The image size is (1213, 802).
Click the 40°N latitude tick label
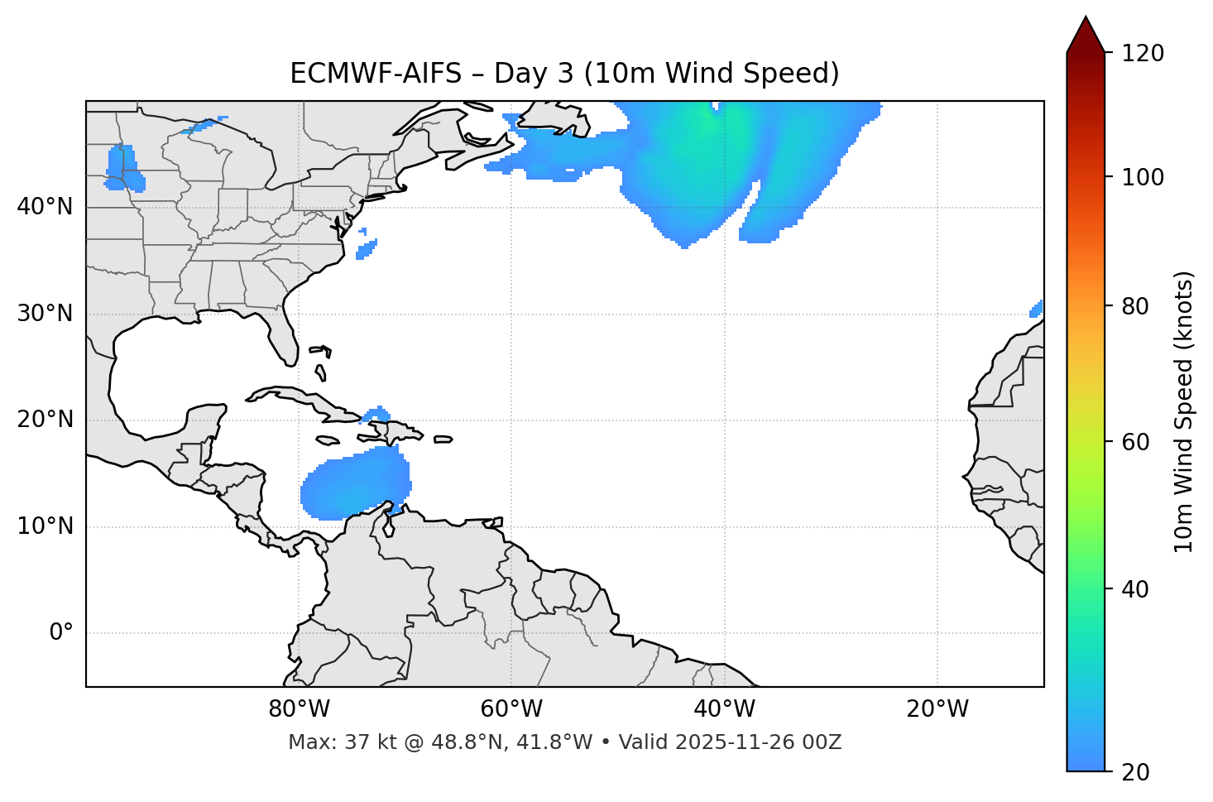45,207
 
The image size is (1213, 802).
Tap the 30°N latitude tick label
45,314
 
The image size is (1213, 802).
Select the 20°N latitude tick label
45,420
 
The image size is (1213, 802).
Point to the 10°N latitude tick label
45,526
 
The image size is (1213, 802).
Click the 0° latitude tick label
60,633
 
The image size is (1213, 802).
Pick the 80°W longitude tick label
299,709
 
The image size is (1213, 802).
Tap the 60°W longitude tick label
511,709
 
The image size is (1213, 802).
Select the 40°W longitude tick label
725,709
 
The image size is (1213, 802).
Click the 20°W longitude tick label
937,709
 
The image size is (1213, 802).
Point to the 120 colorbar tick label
1142,54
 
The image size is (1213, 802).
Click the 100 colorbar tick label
1142,178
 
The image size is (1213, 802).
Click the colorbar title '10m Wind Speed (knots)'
1184,411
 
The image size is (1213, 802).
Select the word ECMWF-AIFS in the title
376,74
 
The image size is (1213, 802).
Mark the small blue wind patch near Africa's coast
1036,310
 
